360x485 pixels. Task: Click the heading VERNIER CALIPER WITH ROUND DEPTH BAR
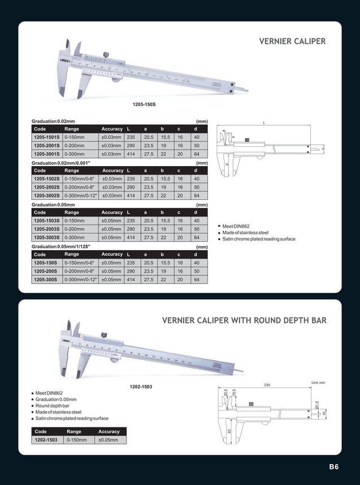click(x=244, y=320)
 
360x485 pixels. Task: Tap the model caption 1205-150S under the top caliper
click(x=144, y=105)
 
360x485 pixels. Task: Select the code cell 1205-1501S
click(x=47, y=137)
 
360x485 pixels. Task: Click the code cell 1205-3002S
click(x=47, y=195)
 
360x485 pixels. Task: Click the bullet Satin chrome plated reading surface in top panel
click(x=258, y=239)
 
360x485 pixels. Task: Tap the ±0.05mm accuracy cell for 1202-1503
click(x=108, y=439)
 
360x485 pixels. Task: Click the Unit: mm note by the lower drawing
click(x=318, y=383)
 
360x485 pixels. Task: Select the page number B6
click(x=333, y=467)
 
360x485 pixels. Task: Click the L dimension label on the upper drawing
click(x=264, y=123)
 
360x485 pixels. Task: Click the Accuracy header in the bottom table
click(x=109, y=431)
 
